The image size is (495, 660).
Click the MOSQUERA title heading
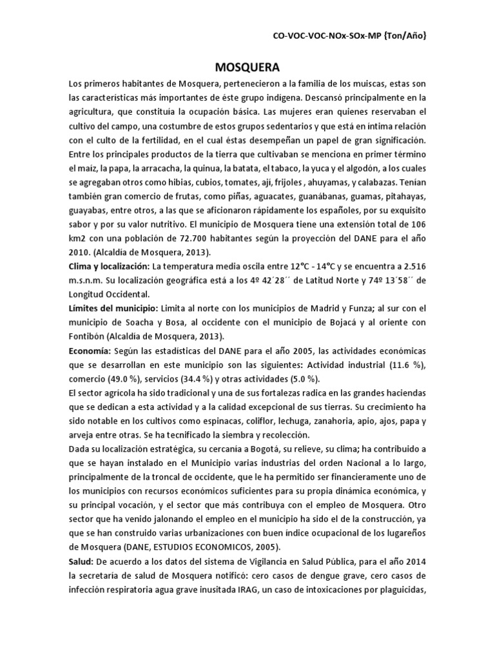[x=247, y=67]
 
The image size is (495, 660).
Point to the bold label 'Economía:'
[x=90, y=350]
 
